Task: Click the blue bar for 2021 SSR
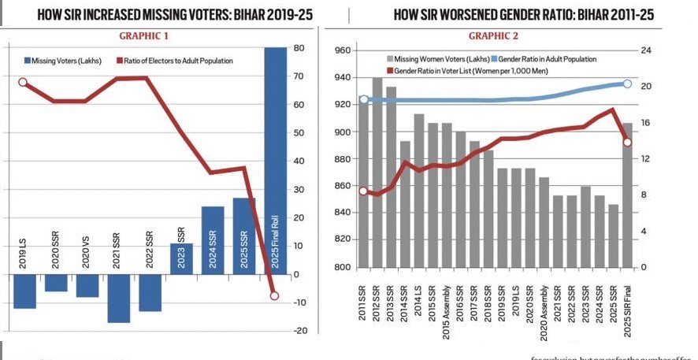tap(119, 299)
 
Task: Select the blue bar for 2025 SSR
tap(244, 236)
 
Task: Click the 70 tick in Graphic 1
tap(299, 76)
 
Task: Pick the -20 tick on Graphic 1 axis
tap(299, 331)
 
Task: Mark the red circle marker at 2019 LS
tap(23, 82)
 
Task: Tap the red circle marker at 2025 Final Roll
tap(274, 295)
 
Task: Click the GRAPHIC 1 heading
tap(143, 36)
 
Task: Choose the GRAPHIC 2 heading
tap(494, 36)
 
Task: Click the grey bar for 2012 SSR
tap(377, 173)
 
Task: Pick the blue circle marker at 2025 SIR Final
tap(627, 84)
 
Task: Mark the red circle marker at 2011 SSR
tap(363, 191)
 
